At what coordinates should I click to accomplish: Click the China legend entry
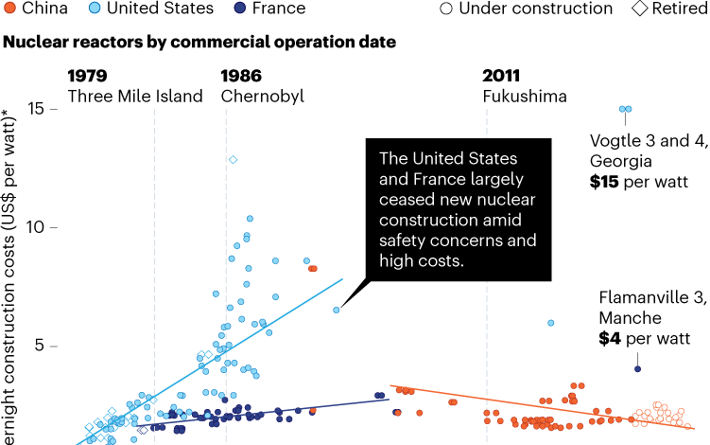tap(34, 9)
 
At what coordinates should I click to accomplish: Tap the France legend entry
tap(268, 9)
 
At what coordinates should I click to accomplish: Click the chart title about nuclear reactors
tap(199, 44)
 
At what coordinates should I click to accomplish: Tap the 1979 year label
tap(87, 76)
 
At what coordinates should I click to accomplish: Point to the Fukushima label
tap(524, 96)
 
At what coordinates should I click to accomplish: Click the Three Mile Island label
tap(135, 96)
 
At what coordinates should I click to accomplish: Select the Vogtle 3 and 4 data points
tap(624, 110)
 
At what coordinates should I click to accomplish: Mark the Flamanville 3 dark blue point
tap(637, 369)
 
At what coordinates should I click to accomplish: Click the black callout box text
tap(457, 209)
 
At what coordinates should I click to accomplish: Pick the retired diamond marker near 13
tap(233, 159)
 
